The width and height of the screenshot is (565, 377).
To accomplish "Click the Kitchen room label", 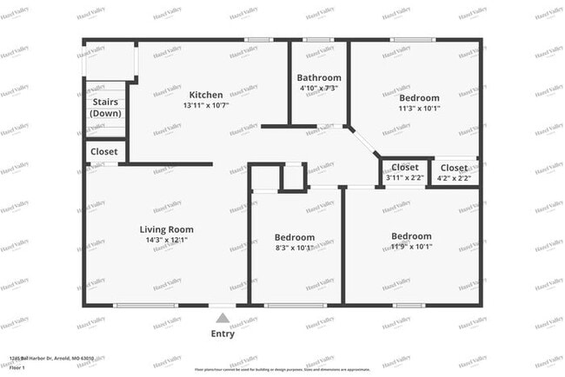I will click(206, 95).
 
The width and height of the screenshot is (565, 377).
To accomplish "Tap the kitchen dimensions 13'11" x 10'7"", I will click(206, 105).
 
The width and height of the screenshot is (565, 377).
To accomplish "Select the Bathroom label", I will click(318, 77).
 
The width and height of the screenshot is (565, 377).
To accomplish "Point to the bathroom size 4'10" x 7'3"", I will click(318, 88).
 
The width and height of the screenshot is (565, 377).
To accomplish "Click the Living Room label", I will click(167, 229).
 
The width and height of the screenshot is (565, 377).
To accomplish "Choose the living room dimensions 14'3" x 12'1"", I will click(167, 240).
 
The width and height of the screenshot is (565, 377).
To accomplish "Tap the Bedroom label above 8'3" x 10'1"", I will click(295, 237).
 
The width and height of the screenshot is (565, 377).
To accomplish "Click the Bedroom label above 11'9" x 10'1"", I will click(411, 236).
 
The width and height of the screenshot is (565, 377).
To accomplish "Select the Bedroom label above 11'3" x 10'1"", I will click(419, 98).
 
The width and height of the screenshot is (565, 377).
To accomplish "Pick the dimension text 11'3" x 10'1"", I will click(419, 109).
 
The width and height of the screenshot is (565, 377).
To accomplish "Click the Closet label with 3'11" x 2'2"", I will click(405, 168).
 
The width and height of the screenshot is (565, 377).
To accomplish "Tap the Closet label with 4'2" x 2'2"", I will click(453, 168).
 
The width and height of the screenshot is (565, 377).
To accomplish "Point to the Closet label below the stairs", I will click(104, 151).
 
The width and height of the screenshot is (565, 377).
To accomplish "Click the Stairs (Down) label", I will click(106, 108).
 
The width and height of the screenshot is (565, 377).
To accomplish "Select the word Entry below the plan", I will click(223, 334).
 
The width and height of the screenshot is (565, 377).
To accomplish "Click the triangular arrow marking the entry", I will click(223, 319).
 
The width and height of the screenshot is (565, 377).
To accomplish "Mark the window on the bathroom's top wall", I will click(318, 40).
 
